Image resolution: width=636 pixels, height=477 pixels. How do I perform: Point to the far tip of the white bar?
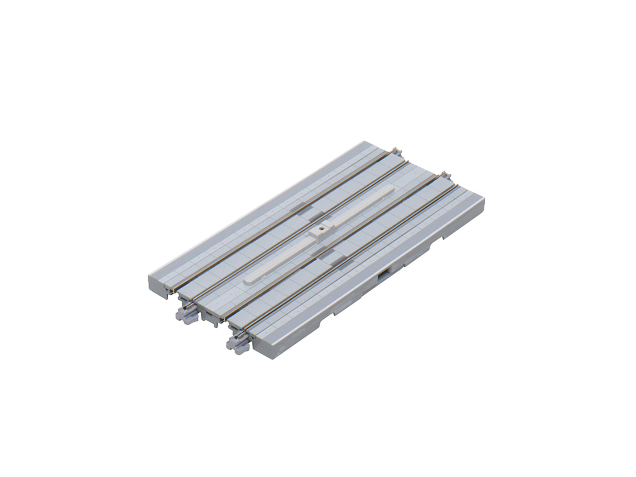click(391, 188)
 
